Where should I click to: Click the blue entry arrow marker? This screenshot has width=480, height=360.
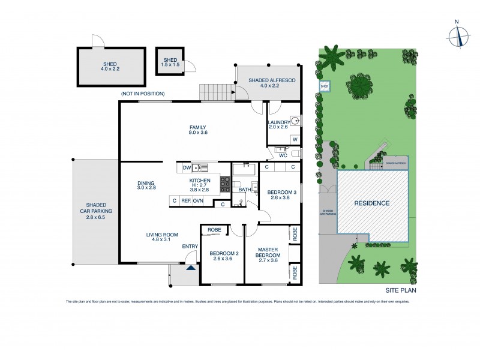[191, 269]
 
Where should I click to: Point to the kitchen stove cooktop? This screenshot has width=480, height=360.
[225, 184]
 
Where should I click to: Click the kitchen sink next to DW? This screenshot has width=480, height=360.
[202, 167]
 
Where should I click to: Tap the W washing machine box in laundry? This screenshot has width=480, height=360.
[295, 139]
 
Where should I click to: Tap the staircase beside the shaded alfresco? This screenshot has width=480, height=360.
[215, 92]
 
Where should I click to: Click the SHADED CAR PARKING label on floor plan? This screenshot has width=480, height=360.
[96, 211]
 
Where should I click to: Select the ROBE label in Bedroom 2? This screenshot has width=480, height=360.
[214, 230]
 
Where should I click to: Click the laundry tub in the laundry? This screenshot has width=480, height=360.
[295, 120]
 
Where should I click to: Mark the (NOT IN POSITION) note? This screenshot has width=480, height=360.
[142, 94]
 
